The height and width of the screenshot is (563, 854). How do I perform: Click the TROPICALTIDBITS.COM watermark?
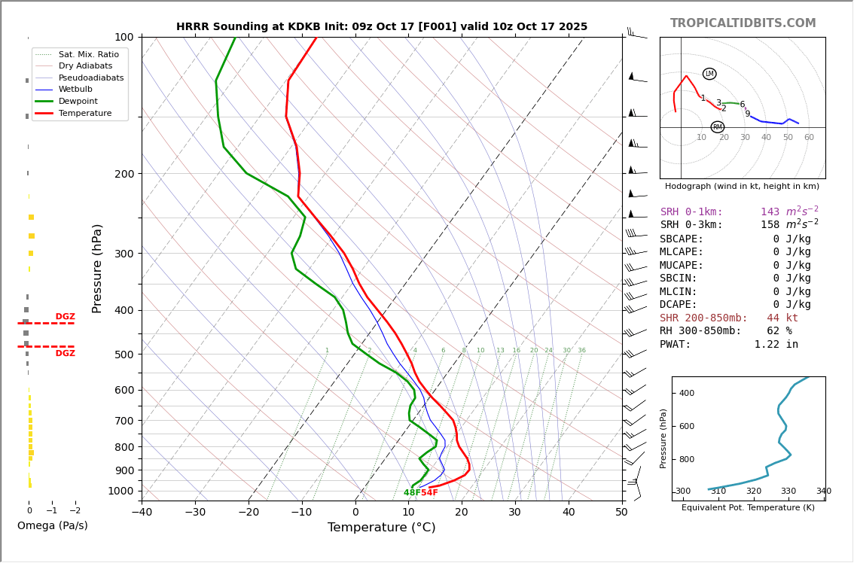coord(743,23)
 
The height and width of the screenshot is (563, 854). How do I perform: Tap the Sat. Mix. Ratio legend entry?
coord(88,54)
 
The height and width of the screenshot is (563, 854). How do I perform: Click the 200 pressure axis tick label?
coord(124,174)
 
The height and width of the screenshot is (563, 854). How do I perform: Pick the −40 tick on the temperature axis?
coord(142,513)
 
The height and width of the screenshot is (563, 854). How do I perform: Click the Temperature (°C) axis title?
coord(381,528)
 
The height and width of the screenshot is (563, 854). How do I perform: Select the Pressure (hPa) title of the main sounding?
coord(97,268)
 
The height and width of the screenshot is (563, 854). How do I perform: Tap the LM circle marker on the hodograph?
coord(709,74)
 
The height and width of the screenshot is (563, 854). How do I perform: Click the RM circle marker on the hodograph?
coord(717,127)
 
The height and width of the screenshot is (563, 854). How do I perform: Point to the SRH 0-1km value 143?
coord(770,212)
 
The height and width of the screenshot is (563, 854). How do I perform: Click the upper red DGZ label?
coord(65,317)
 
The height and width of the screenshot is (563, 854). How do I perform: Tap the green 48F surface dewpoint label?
coord(411,493)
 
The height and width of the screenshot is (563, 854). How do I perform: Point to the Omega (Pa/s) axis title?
coord(52,525)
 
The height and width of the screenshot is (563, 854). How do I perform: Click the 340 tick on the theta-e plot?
coord(823,491)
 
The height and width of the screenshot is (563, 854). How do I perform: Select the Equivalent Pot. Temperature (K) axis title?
coord(748,507)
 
